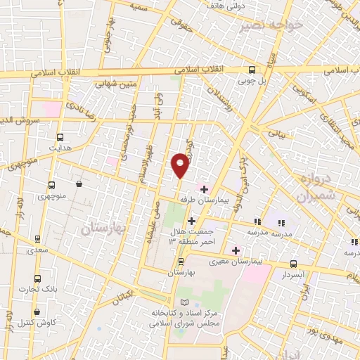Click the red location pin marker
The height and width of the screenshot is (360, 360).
[x=181, y=165]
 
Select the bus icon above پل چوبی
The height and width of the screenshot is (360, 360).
[x=252, y=70]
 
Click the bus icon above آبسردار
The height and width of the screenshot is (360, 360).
[x=293, y=264]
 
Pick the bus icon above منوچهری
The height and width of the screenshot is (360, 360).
[x=51, y=186]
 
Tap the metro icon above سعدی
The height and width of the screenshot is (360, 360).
[x=37, y=239]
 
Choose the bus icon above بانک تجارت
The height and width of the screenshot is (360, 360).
[x=37, y=278]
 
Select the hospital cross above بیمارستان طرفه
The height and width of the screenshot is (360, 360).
[x=204, y=189]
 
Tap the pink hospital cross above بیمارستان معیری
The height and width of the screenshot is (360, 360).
[x=236, y=250]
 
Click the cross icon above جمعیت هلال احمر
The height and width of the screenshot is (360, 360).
[x=191, y=221]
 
